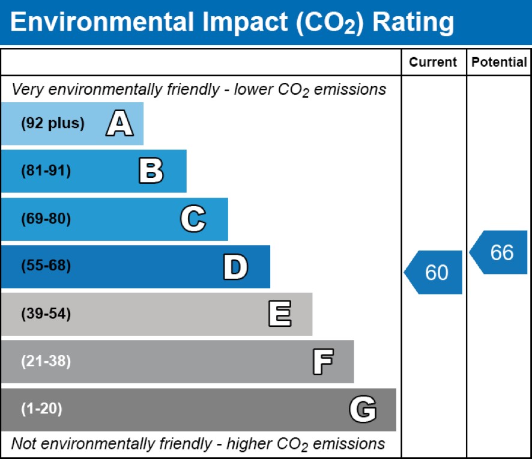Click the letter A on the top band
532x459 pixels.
tap(119, 124)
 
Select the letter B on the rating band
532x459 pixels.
tap(151, 171)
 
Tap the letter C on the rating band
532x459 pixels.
tap(193, 219)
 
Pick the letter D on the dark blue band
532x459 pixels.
tap(235, 267)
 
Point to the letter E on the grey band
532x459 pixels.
tap(279, 314)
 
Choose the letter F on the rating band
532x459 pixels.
tap(322, 362)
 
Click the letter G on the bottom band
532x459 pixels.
tap(363, 410)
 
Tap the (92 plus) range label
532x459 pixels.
tap(53, 124)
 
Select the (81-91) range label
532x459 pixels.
tap(46, 171)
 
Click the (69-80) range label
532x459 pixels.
tap(46, 219)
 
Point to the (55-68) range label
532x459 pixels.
tap(46, 267)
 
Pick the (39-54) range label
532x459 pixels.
tap(46, 314)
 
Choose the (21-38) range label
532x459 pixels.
tap(46, 362)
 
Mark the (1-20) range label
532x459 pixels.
tap(42, 410)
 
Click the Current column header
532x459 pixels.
tap(433, 62)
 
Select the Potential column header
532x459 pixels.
tap(499, 62)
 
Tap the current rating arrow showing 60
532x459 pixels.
tap(434, 272)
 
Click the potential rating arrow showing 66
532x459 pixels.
tap(500, 252)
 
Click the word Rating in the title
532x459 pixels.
tap(413, 23)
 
